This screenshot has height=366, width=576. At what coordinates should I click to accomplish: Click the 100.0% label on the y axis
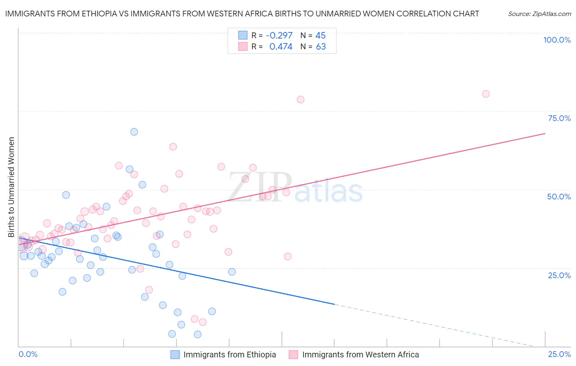tap(557, 40)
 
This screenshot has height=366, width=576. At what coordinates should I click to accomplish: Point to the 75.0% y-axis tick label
tap(559, 118)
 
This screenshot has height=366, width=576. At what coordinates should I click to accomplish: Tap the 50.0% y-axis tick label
tap(559, 197)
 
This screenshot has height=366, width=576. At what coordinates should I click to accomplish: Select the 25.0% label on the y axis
tap(559, 275)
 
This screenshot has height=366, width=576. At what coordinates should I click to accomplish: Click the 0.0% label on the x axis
tap(28, 354)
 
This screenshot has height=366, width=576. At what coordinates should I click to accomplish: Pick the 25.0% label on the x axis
tap(559, 354)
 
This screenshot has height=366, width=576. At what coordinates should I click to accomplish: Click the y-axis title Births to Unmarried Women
tap(11, 187)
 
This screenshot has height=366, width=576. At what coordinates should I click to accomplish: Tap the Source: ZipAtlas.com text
tap(539, 14)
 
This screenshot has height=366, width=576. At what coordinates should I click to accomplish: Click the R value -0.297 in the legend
tap(279, 36)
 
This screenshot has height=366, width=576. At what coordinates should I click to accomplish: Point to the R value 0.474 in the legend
tap(281, 47)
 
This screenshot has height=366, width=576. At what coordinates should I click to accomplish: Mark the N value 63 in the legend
tap(321, 47)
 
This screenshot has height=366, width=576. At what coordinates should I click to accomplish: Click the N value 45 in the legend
tap(320, 36)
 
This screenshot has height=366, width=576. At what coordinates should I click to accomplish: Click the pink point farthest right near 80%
tap(486, 94)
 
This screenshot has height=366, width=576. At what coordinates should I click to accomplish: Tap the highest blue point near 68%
tap(134, 132)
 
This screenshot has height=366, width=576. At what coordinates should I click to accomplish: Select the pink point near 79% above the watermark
tap(300, 99)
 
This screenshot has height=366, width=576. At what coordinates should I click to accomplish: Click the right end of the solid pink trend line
tap(545, 133)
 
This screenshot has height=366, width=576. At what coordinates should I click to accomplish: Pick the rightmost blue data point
tap(232, 272)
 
